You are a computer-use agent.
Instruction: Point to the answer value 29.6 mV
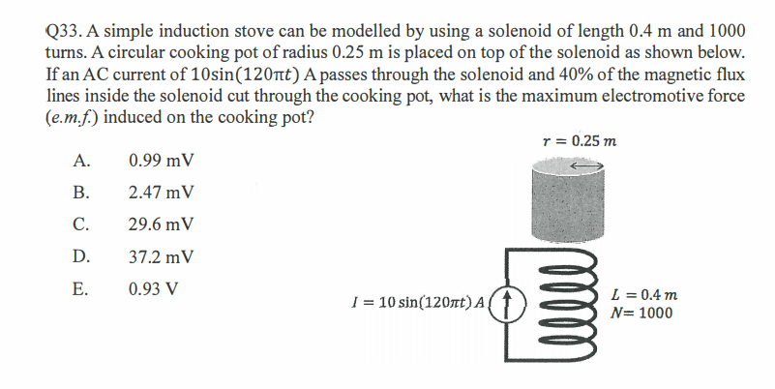pos(161,224)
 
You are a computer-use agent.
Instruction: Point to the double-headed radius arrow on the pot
pos(586,166)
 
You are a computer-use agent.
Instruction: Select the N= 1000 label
pos(642,313)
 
